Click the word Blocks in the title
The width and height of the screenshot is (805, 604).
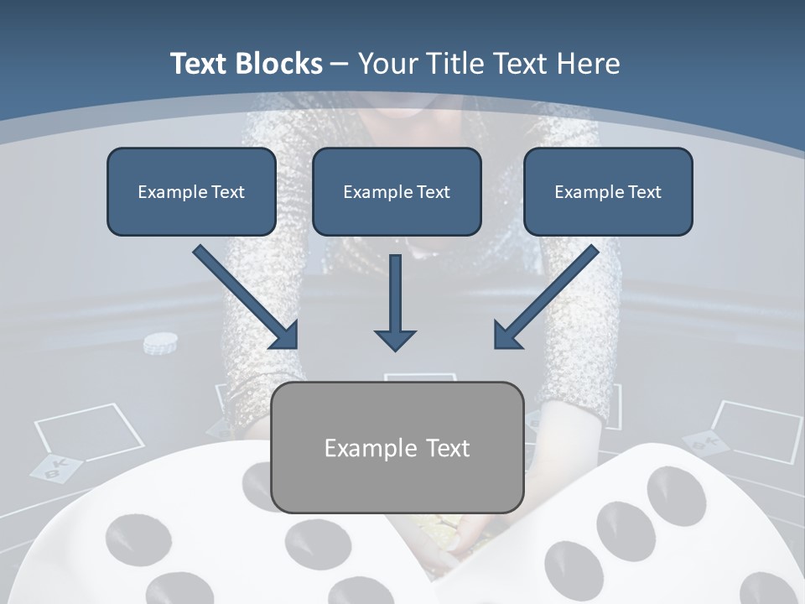[281, 64]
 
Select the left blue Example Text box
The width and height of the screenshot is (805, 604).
[191, 192]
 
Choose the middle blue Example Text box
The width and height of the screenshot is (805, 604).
[397, 192]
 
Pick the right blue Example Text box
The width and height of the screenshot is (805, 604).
[608, 192]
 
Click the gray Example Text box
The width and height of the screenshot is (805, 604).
[397, 447]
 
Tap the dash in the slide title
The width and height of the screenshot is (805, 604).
[340, 64]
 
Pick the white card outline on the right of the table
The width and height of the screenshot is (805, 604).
[757, 430]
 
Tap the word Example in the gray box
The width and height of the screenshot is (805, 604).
[366, 448]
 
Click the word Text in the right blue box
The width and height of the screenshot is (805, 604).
[645, 192]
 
